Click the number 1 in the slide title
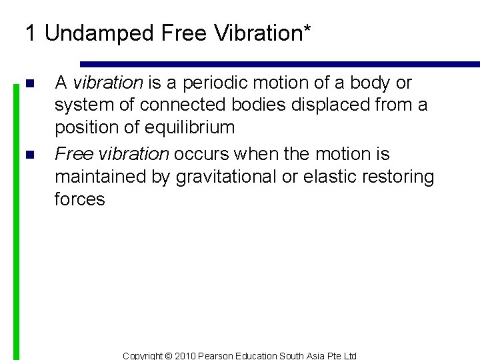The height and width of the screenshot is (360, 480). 30,33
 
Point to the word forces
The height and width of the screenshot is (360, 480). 79,199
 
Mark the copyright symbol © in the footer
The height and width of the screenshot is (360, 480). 167,356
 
